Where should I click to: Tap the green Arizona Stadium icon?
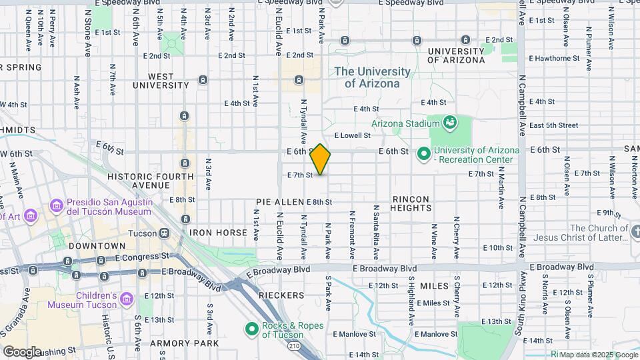coord(450,122)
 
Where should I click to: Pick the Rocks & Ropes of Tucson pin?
coord(251,329)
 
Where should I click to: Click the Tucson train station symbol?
coord(163,233)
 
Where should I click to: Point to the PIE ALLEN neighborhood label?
coord(279,201)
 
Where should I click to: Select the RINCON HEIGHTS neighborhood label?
coord(411,203)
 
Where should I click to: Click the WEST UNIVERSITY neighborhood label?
coord(161,81)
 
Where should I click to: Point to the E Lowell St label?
coord(351,135)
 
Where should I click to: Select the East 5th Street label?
coord(553,125)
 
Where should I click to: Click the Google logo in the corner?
coord(22,351)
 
